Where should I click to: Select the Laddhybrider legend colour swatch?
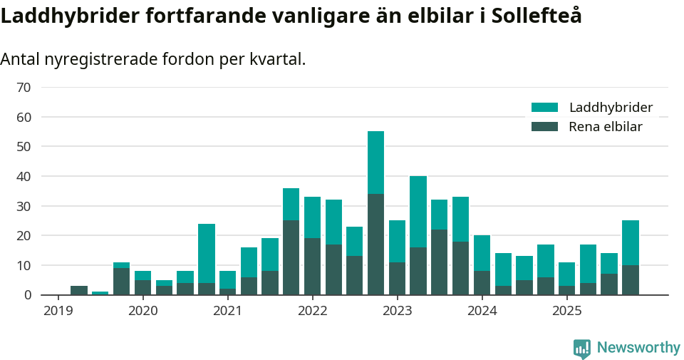[x=544, y=108]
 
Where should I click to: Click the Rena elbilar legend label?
[x=605, y=127]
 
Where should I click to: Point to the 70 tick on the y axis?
[x=24, y=87]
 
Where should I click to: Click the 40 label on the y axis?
[x=24, y=176]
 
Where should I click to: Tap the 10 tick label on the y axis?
[x=24, y=265]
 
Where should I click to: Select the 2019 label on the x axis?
[x=58, y=311]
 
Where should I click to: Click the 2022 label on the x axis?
[x=313, y=311]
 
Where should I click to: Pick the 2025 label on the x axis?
[x=567, y=311]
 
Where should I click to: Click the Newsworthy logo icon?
[x=581, y=348]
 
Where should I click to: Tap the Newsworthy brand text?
[x=638, y=348]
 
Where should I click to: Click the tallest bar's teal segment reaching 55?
[x=375, y=163]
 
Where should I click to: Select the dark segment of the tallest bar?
[x=375, y=244]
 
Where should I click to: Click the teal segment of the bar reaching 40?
[x=418, y=212]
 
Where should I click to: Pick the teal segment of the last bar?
[x=630, y=242]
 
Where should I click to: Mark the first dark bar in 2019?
[x=79, y=290]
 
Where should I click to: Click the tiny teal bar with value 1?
[x=100, y=293]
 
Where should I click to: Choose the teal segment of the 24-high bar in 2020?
[x=207, y=253]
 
